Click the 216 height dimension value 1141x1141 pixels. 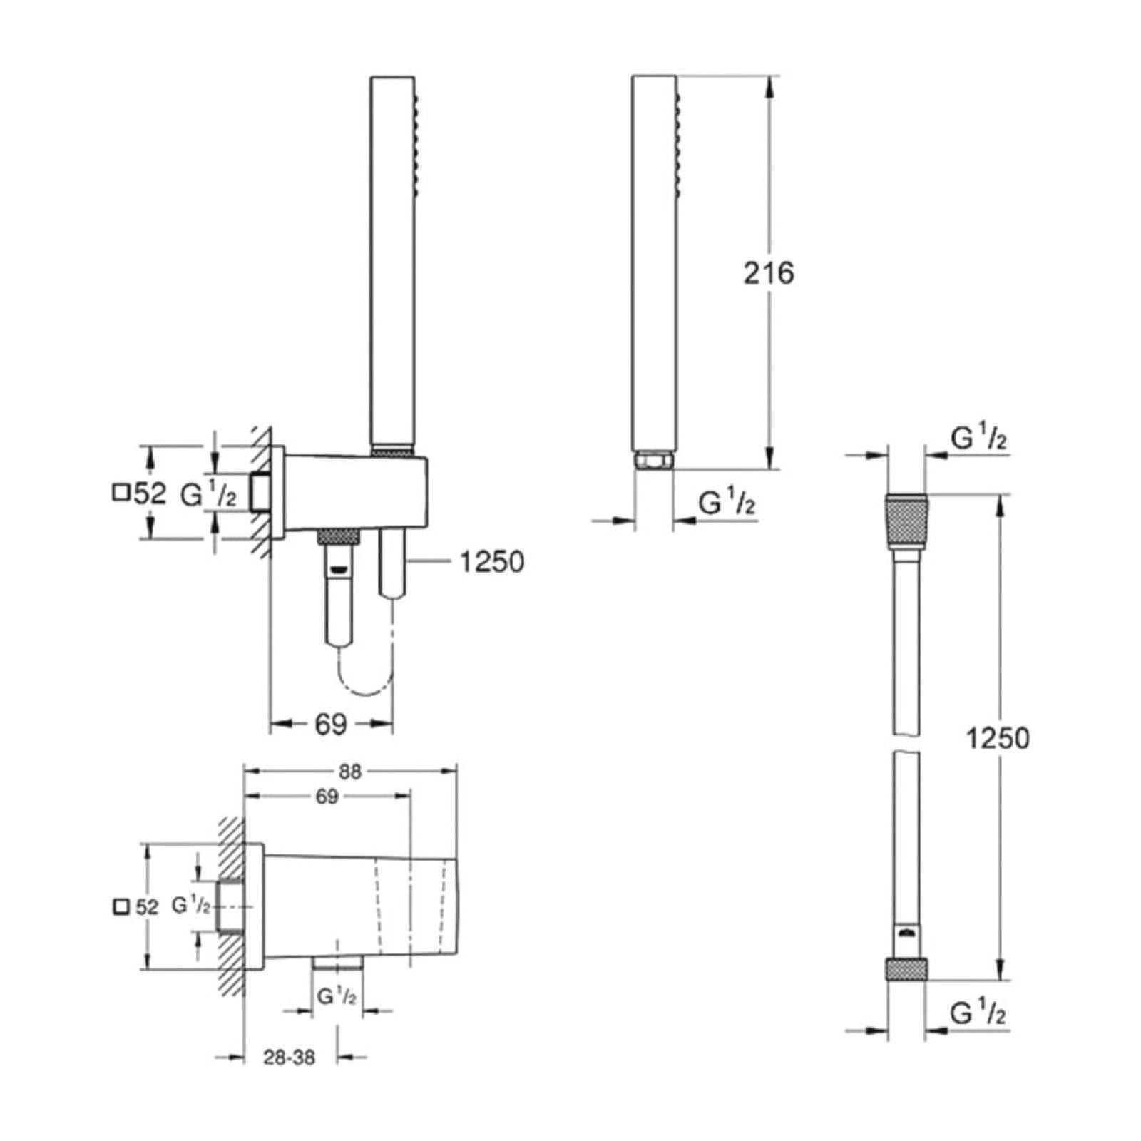[768, 273]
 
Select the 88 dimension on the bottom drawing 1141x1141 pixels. [351, 771]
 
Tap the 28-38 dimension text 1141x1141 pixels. [289, 1058]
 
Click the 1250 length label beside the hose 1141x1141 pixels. [998, 738]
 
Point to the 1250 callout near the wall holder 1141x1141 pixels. [492, 562]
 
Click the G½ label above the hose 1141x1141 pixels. [978, 438]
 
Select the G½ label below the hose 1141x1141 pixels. [978, 1013]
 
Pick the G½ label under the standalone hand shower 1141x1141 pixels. [727, 503]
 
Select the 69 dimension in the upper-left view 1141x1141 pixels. [331, 725]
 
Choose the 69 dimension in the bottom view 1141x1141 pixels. [327, 797]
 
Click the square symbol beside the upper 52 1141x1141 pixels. [121, 493]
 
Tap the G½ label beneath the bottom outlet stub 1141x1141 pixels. [337, 996]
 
